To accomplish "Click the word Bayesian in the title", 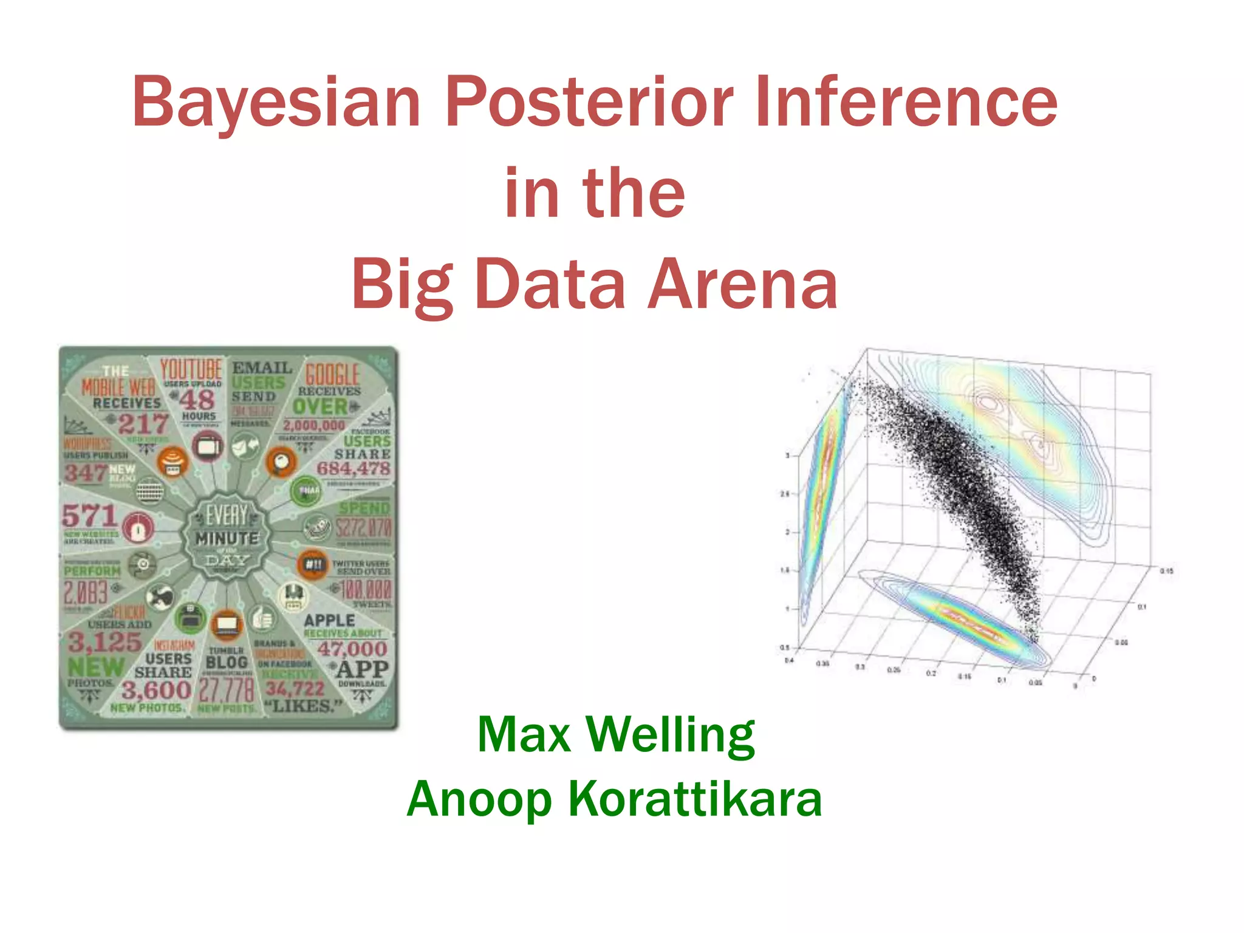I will pyautogui.click(x=276, y=103).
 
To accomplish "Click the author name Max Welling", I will pyautogui.click(x=616, y=735).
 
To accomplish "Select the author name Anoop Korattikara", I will pyautogui.click(x=615, y=799).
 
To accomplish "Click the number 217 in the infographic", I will pyautogui.click(x=143, y=424).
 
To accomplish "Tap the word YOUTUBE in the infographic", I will pyautogui.click(x=191, y=369).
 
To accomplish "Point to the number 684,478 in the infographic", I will pyautogui.click(x=354, y=468).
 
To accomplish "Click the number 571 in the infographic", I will pyautogui.click(x=89, y=516).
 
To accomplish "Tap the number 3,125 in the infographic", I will pyautogui.click(x=104, y=642).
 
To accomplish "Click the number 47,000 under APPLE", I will pyautogui.click(x=352, y=649).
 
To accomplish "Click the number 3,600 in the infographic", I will pyautogui.click(x=156, y=690).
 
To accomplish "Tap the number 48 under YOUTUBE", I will pyautogui.click(x=197, y=400).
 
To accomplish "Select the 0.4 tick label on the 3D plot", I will pyautogui.click(x=788, y=660).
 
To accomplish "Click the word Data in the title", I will pyautogui.click(x=550, y=284).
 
